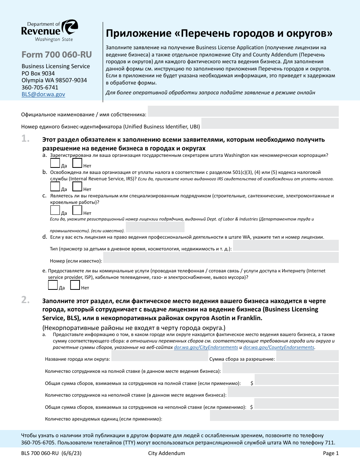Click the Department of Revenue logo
(x=50, y=31)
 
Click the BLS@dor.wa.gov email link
(x=43, y=94)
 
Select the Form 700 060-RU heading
(x=56, y=55)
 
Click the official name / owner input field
(x=243, y=111)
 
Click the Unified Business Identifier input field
(x=269, y=124)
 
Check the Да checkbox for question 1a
(x=55, y=163)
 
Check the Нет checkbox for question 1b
(x=77, y=186)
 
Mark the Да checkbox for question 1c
(x=55, y=210)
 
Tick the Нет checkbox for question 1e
(x=75, y=285)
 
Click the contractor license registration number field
(x=155, y=227)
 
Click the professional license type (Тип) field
(x=286, y=246)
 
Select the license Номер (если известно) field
(x=221, y=258)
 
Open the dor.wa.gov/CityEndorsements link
(x=206, y=347)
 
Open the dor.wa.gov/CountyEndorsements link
(x=279, y=347)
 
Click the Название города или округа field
(x=159, y=356)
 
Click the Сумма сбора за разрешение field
(x=307, y=356)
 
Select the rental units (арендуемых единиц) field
(x=274, y=416)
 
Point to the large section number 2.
(x=26, y=300)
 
